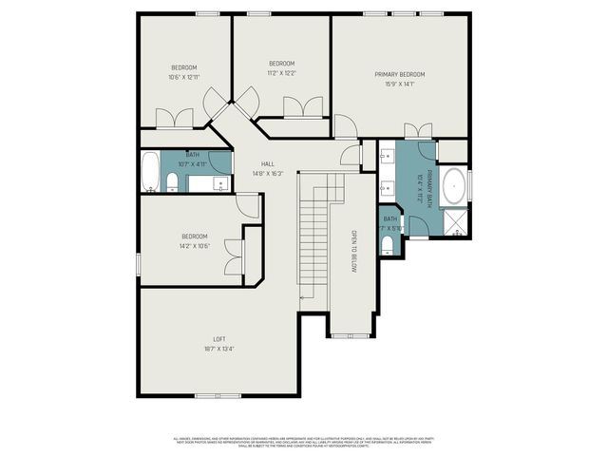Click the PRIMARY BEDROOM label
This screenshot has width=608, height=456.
point(399,74)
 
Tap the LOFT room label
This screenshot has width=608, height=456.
point(218,339)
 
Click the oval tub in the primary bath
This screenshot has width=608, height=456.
point(454,183)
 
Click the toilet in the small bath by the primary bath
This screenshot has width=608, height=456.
point(386,245)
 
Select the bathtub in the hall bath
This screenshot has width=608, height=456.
point(150,173)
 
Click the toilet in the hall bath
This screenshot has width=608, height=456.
point(172,181)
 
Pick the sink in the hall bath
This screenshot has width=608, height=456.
point(220,182)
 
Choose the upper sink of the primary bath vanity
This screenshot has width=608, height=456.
point(387,159)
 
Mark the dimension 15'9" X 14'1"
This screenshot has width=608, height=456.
point(399,84)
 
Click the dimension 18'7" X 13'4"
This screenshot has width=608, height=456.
point(218,349)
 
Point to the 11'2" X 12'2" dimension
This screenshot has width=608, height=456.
point(281,72)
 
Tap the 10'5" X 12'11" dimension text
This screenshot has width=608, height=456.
point(183,77)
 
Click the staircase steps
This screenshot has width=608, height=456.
point(314,237)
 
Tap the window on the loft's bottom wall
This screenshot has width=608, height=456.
point(211,395)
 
